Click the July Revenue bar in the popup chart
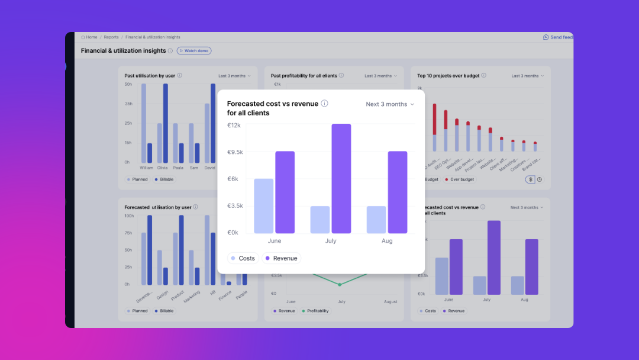click(341, 178)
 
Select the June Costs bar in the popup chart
click(263, 206)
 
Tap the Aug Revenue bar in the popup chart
click(398, 192)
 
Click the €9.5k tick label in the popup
click(235, 152)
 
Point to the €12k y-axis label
click(234, 125)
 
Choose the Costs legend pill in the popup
click(243, 258)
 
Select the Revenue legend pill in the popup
click(281, 258)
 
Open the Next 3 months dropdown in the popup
click(390, 104)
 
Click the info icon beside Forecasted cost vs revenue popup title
click(324, 104)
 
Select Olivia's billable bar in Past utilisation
click(166, 123)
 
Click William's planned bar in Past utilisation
click(143, 123)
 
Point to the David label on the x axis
click(209, 168)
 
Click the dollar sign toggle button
click(530, 179)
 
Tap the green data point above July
click(340, 285)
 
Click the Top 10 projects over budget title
click(448, 76)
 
